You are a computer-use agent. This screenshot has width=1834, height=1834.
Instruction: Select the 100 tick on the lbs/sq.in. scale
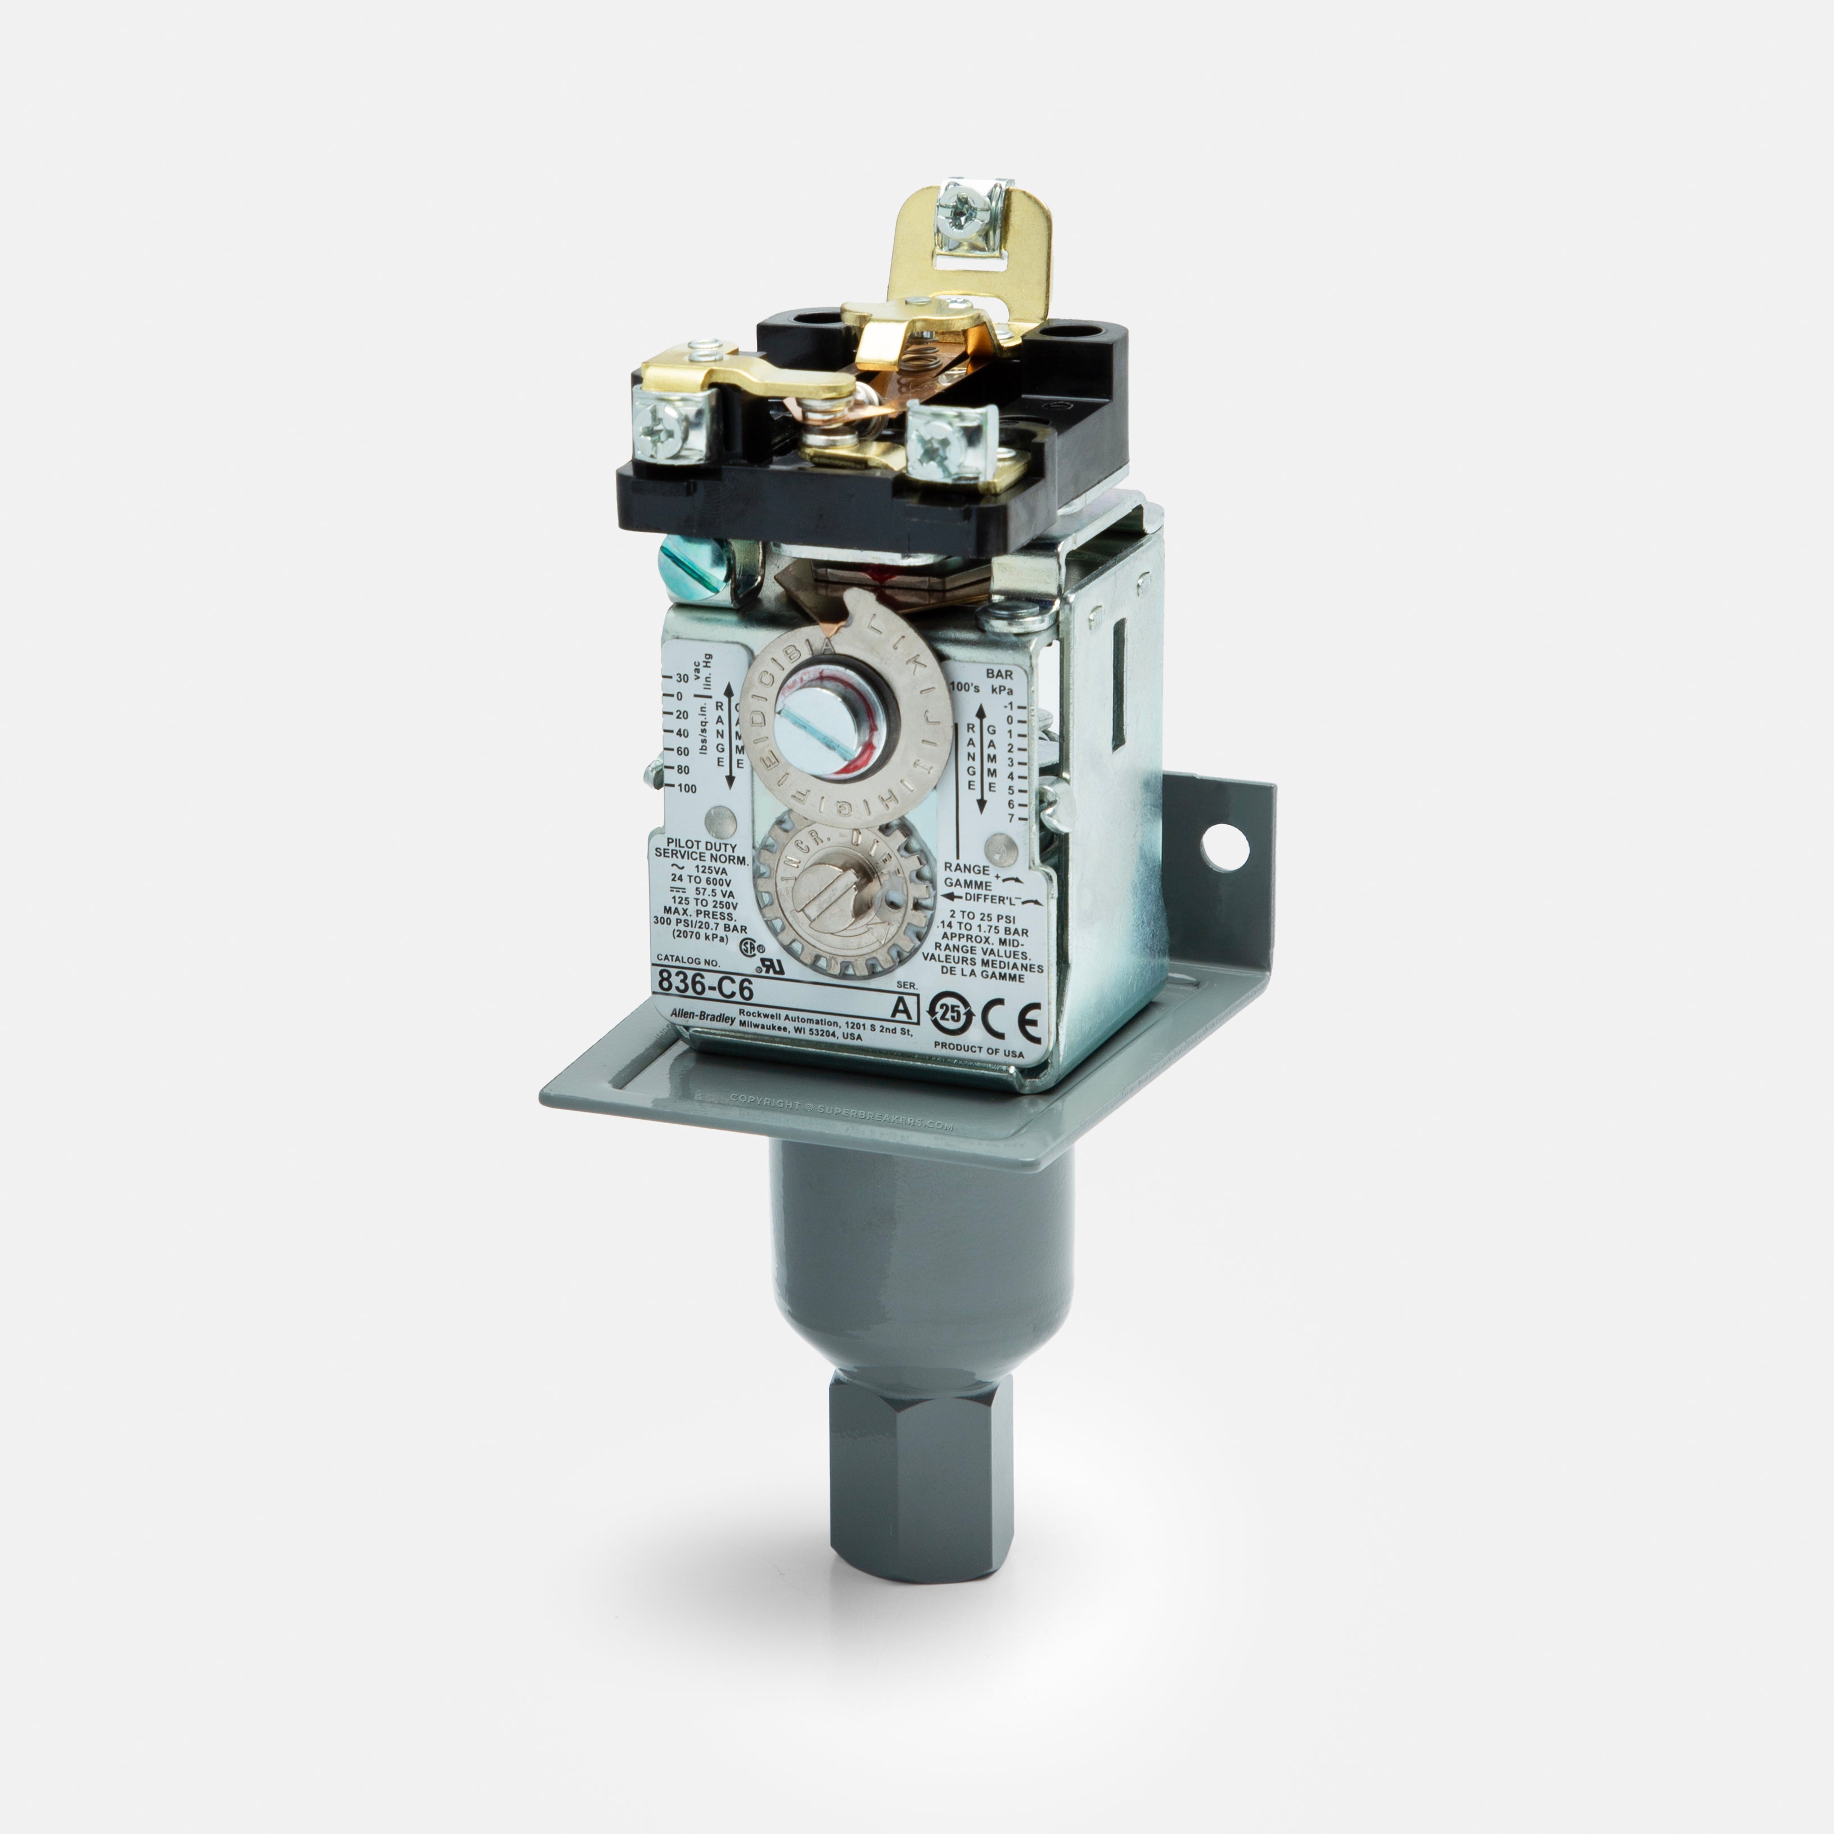click(686, 788)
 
